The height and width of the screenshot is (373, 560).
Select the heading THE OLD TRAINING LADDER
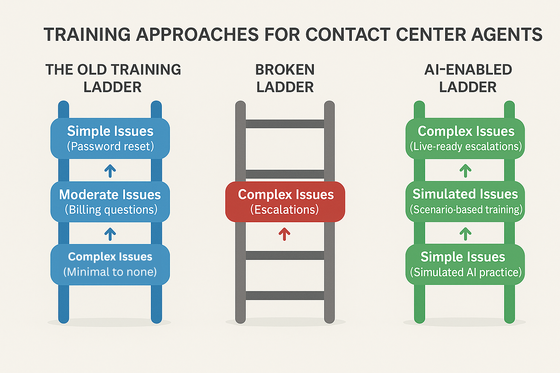click(x=113, y=78)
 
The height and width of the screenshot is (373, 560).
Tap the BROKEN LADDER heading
click(x=285, y=78)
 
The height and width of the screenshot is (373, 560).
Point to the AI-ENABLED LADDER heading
click(x=468, y=78)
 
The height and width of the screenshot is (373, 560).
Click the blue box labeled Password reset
click(x=110, y=138)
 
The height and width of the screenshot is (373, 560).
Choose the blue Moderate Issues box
click(x=110, y=202)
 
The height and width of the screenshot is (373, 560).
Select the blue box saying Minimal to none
click(x=110, y=264)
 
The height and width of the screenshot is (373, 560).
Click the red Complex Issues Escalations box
click(x=285, y=202)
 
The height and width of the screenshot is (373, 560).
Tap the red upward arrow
click(x=284, y=234)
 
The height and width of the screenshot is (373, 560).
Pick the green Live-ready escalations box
click(x=465, y=138)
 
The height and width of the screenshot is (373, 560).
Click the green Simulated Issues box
click(x=465, y=202)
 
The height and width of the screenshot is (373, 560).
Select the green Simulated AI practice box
click(x=465, y=264)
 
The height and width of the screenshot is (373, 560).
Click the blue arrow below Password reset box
click(x=110, y=170)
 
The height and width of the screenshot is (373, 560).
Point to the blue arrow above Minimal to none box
click(x=110, y=234)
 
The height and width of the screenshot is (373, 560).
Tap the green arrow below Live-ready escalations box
click(x=465, y=170)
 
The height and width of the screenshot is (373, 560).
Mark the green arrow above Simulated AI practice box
click(x=465, y=234)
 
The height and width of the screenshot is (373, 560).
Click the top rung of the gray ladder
click(x=285, y=124)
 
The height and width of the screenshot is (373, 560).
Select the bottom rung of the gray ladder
click(x=285, y=295)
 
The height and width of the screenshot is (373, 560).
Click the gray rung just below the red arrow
click(x=285, y=255)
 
